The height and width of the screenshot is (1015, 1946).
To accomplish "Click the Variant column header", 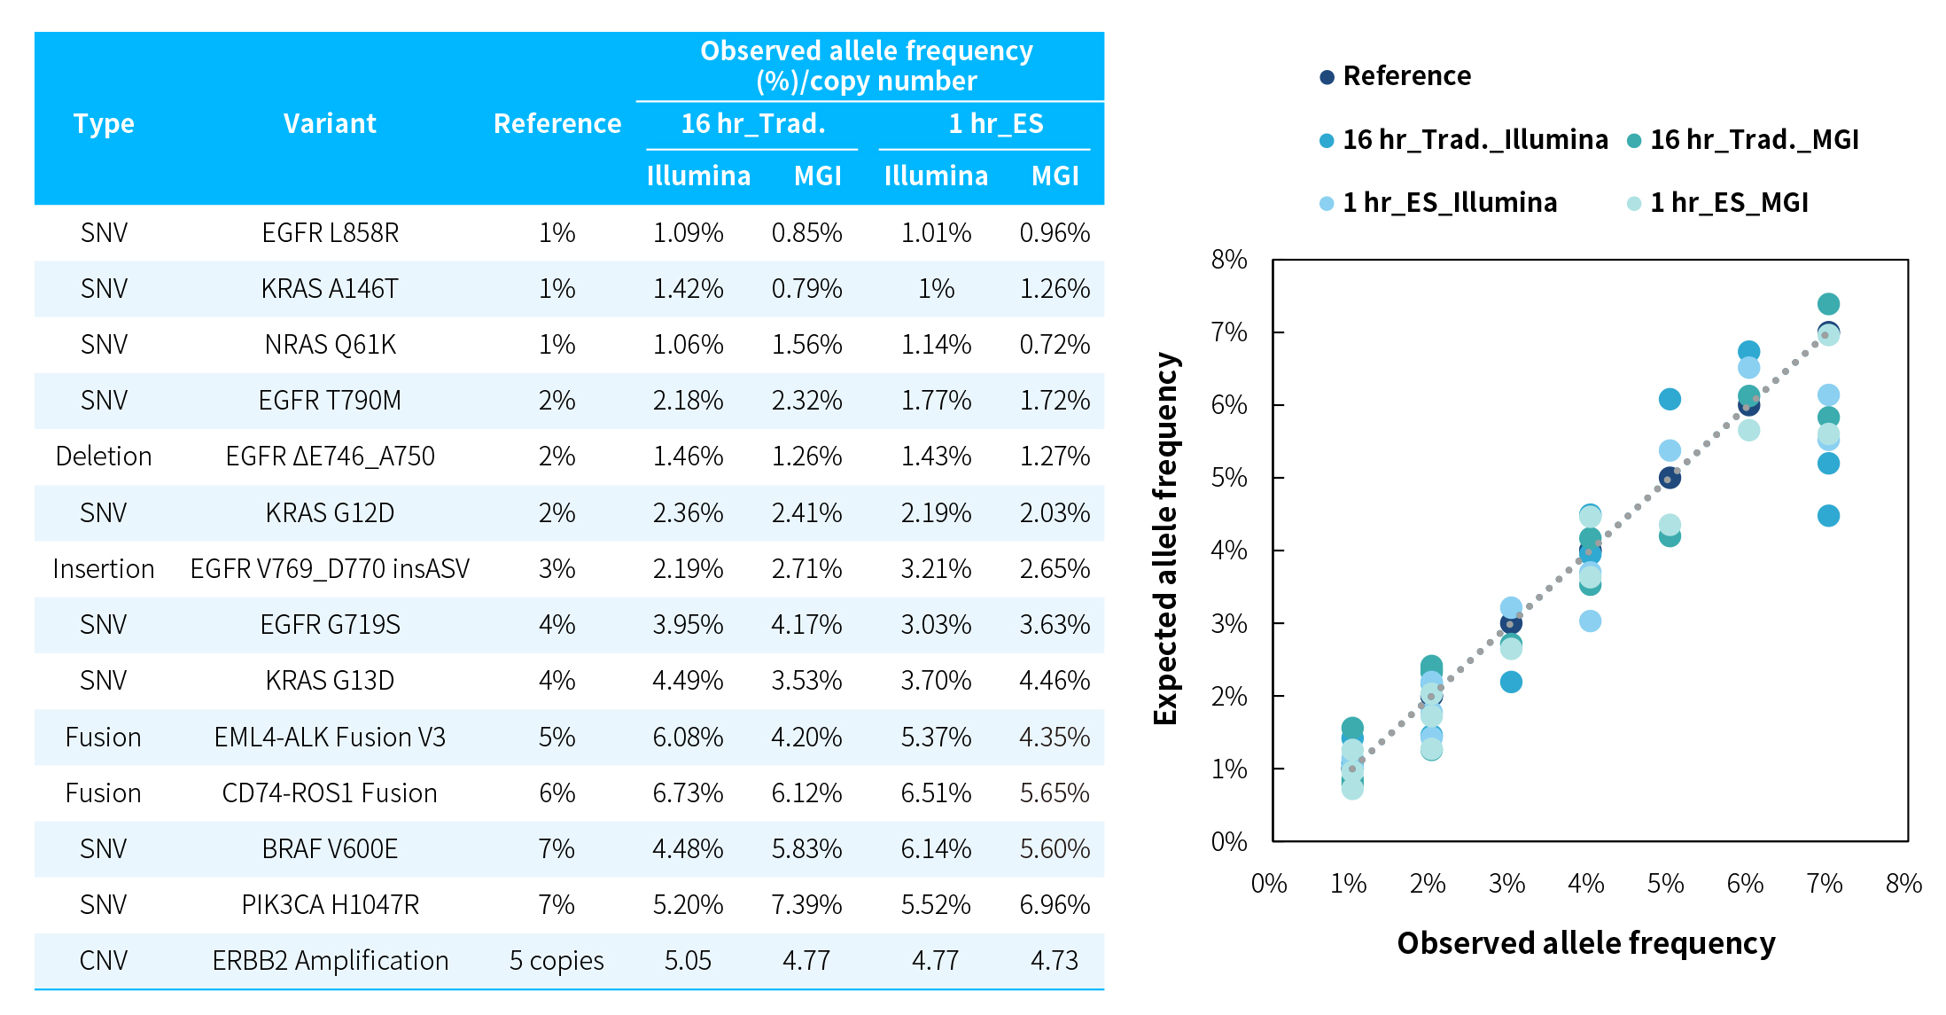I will point(330,123).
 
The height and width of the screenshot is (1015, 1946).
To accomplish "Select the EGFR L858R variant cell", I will point(330,233).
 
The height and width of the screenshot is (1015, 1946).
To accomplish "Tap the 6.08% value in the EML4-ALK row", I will point(688,738).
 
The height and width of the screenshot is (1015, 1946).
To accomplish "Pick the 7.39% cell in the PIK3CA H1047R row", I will point(806,905).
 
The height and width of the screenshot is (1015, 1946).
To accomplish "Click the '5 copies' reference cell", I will point(557,961).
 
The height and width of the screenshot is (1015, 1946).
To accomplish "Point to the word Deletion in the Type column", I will point(104,457).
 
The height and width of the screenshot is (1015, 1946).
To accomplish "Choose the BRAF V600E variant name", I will point(330,849).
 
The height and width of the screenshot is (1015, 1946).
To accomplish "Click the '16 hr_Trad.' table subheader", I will point(752,123).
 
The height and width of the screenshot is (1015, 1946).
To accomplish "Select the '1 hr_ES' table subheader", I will point(995,123).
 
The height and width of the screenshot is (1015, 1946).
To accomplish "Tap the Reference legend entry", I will point(1406,76).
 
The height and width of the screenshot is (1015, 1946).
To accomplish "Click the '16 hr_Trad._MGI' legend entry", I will point(1754,140).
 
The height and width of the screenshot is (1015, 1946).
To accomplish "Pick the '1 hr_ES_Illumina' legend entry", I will point(1449,203).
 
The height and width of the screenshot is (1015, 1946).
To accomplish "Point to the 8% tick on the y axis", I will point(1229,260).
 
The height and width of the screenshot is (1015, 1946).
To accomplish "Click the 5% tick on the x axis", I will point(1665,884).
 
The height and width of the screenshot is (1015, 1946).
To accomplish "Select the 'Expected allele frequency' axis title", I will point(1166,539).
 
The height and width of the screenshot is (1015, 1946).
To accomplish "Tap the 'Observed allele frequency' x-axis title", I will point(1586,943).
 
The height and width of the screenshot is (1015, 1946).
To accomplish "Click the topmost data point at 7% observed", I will point(1828,304).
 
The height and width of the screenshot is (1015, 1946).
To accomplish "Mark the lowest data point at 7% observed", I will point(1828,516).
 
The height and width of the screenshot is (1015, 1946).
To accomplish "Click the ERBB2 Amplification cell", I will point(330,961).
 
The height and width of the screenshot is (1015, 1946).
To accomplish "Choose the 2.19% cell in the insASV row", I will point(688,569).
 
